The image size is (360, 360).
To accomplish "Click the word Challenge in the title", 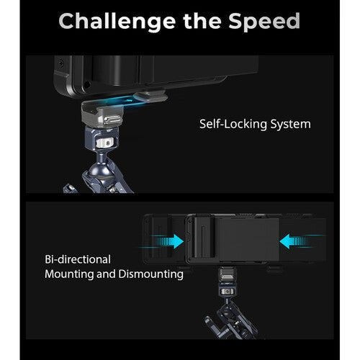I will (117, 21).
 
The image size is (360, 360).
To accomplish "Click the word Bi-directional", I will (78, 258).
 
